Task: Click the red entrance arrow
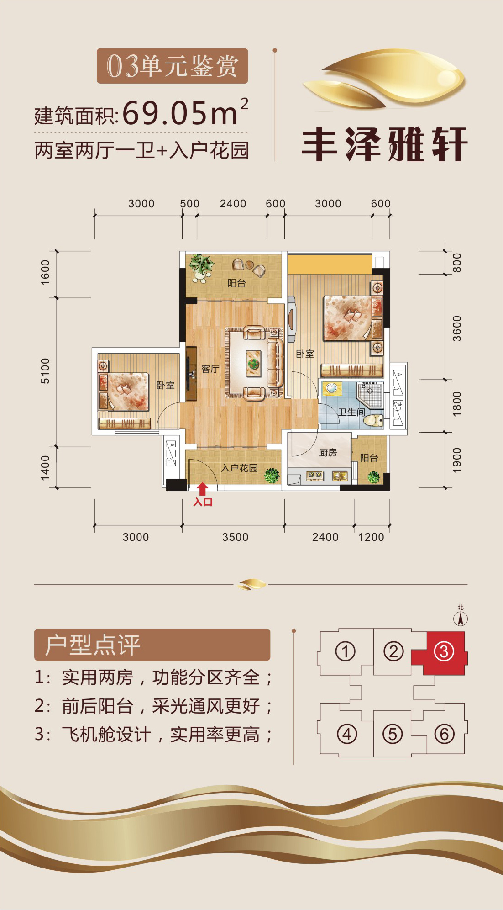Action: [x=203, y=489]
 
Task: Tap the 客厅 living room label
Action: [x=210, y=369]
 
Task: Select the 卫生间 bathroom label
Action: [x=351, y=412]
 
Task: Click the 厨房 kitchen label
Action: [x=328, y=452]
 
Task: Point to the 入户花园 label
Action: [x=239, y=468]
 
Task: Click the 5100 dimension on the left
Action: [x=45, y=370]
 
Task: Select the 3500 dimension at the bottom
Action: [x=235, y=537]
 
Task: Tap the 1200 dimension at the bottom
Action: [x=371, y=537]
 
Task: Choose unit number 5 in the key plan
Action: [x=393, y=734]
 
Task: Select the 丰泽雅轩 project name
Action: [x=385, y=144]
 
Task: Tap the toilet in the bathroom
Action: [x=373, y=420]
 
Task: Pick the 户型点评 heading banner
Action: [x=152, y=645]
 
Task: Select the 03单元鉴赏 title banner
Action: [x=172, y=66]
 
